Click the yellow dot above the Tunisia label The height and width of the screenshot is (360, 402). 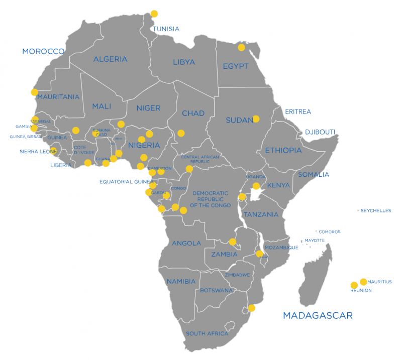[x=154, y=14]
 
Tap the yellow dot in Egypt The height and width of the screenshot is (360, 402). [x=241, y=48]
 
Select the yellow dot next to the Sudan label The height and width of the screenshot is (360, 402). [x=256, y=119]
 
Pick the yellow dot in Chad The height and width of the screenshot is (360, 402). [x=181, y=133]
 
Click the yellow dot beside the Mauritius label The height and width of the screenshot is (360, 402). [x=363, y=282]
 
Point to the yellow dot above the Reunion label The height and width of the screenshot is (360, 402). [x=354, y=285]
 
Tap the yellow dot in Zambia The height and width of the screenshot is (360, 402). [x=232, y=242]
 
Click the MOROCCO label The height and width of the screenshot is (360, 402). [x=43, y=52]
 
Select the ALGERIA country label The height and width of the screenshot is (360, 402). [x=110, y=59]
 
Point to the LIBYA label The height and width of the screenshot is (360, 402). [x=183, y=62]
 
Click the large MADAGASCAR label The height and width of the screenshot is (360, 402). [x=318, y=316]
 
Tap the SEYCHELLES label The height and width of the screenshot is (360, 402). [x=376, y=211]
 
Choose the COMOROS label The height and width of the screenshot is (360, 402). [x=330, y=232]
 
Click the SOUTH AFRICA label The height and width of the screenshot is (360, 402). [x=207, y=334]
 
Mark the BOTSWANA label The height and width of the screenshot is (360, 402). [x=217, y=291]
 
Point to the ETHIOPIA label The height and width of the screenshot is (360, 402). [x=283, y=151]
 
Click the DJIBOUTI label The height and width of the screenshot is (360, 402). [x=320, y=132]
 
